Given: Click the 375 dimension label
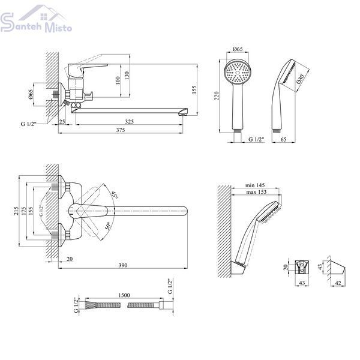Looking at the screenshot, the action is pyautogui.click(x=121, y=130).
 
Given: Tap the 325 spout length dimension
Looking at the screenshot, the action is pyautogui.click(x=129, y=121).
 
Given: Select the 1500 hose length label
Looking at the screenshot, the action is pyautogui.click(x=124, y=295).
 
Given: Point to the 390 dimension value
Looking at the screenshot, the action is pyautogui.click(x=123, y=265).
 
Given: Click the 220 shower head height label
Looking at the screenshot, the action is pyautogui.click(x=217, y=96).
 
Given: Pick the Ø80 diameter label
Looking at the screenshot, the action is pyautogui.click(x=300, y=79).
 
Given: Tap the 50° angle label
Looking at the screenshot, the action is pyautogui.click(x=109, y=226).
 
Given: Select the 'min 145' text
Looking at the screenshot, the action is pyautogui.click(x=255, y=185).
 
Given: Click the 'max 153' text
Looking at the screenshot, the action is pyautogui.click(x=256, y=192).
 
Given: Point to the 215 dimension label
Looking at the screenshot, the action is pyautogui.click(x=16, y=211).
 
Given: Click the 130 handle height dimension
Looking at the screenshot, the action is pyautogui.click(x=127, y=76).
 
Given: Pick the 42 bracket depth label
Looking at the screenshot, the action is pyautogui.click(x=338, y=283).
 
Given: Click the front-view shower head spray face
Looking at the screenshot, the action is pyautogui.click(x=238, y=71).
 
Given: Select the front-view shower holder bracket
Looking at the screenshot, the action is pyautogui.click(x=302, y=267).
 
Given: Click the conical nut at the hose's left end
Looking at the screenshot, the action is pyautogui.click(x=89, y=305).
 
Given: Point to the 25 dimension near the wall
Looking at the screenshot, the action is pyautogui.click(x=62, y=121).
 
